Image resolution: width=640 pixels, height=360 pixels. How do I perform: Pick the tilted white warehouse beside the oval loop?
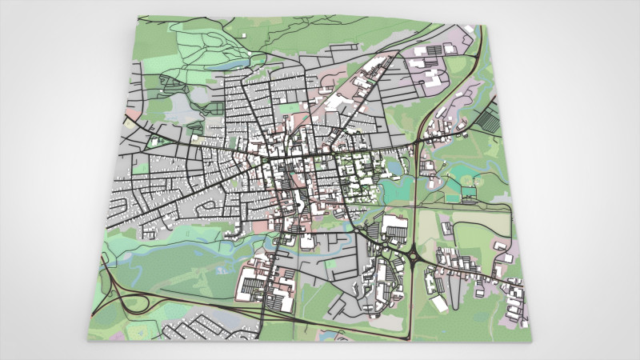pos(439,303)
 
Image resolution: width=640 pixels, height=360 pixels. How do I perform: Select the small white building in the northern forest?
pos(242,34)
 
